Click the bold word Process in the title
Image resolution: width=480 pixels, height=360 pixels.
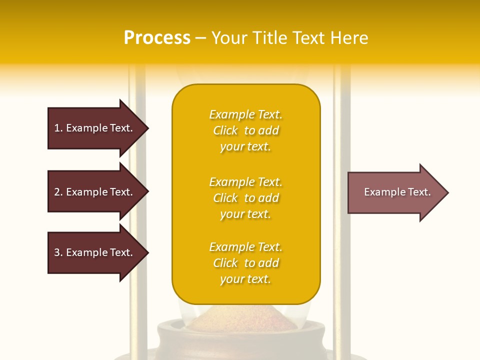click(157, 37)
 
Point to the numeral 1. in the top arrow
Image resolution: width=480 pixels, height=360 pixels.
click(58, 128)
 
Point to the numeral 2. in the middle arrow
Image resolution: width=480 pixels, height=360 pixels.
click(58, 192)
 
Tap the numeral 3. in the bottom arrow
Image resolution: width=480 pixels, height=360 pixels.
click(58, 252)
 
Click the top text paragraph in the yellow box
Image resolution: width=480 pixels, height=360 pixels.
click(245, 130)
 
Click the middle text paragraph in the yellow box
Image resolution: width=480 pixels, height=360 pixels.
click(245, 198)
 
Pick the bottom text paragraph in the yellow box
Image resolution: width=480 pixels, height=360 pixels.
click(245, 263)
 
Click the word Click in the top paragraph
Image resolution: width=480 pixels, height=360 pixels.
click(225, 130)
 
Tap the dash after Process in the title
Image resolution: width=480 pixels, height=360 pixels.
click(200, 38)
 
